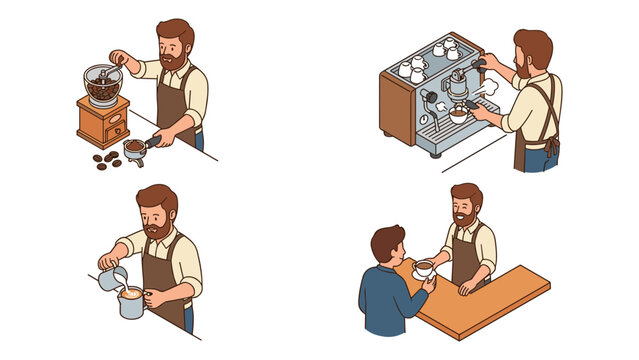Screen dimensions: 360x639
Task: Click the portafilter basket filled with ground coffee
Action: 133,148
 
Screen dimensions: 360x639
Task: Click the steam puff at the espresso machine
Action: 489,89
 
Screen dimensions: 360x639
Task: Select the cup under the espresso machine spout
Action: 458,115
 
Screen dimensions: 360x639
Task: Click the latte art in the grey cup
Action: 131,293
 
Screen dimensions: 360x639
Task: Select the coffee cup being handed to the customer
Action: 423,269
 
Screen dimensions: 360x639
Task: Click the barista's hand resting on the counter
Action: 465,290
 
